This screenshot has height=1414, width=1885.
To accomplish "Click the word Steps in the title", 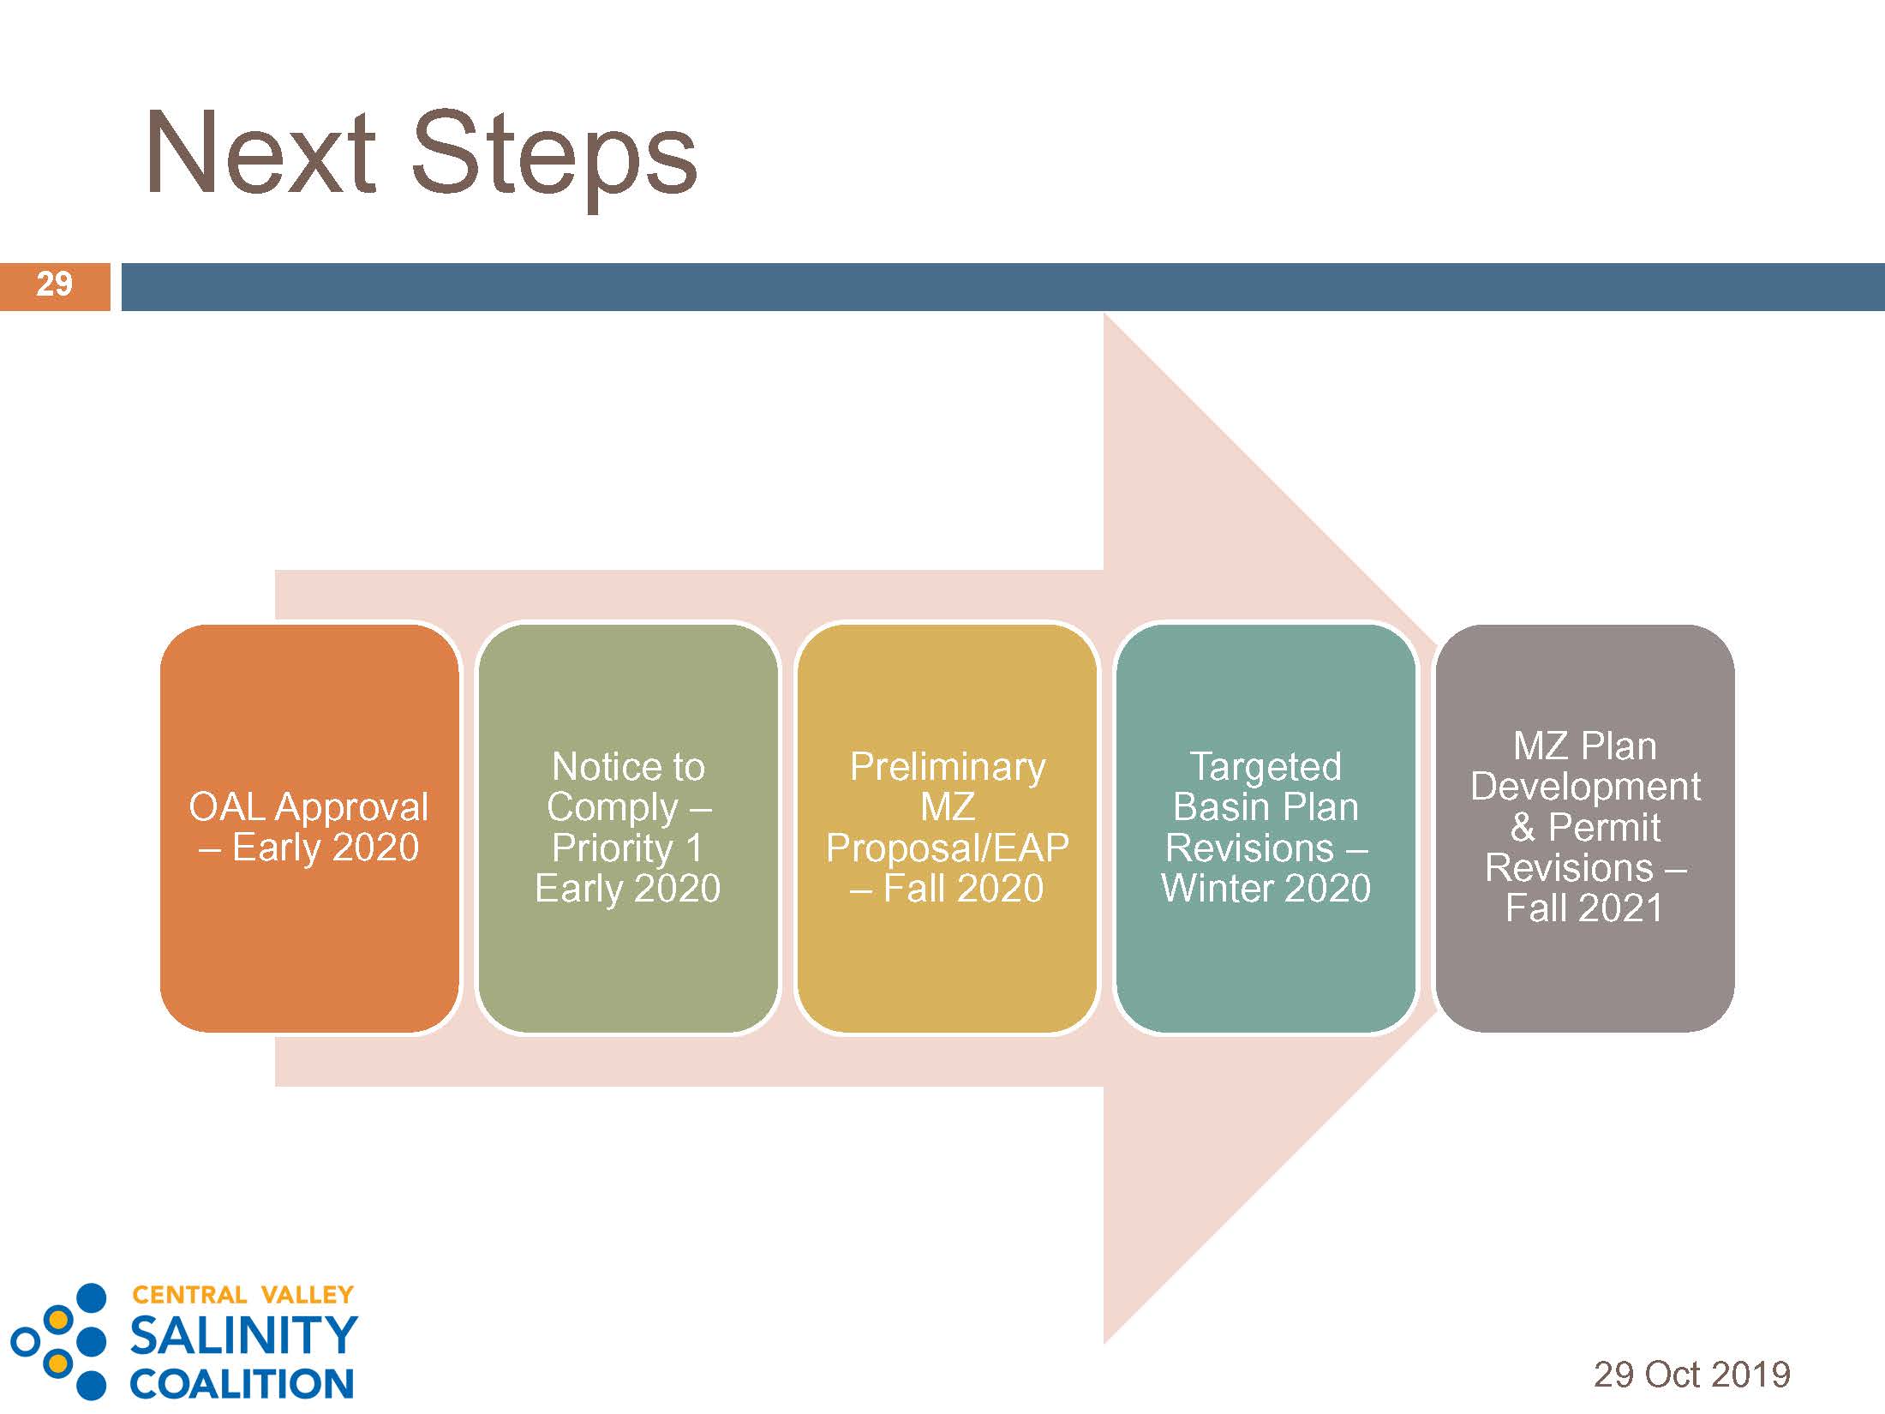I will tap(554, 159).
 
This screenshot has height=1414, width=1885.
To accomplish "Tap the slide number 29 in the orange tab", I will tap(54, 285).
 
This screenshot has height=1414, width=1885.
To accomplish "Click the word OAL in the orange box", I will tap(226, 807).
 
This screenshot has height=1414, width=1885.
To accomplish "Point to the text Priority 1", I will tap(627, 848).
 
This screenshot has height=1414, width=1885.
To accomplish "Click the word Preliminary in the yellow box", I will tap(948, 767).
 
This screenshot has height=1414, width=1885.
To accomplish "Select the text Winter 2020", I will tap(1266, 889).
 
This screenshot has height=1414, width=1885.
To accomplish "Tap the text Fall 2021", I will tap(1584, 908).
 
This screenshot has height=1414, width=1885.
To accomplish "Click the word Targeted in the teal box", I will tap(1266, 767).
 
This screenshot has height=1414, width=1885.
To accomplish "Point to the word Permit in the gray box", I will tap(1604, 828).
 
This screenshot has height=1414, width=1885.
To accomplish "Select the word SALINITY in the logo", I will tap(243, 1335).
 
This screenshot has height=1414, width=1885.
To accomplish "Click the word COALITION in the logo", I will tap(242, 1383).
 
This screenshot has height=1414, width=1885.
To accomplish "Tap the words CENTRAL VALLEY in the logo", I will tap(243, 1294).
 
